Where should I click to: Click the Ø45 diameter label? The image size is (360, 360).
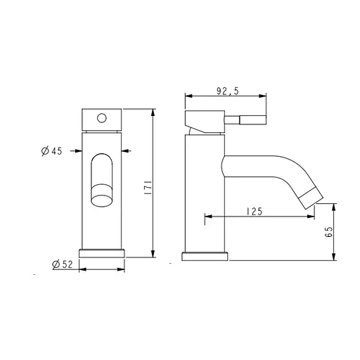point(53,150)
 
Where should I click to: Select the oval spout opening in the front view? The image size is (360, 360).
point(103,181)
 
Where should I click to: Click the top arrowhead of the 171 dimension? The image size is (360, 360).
point(153,111)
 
